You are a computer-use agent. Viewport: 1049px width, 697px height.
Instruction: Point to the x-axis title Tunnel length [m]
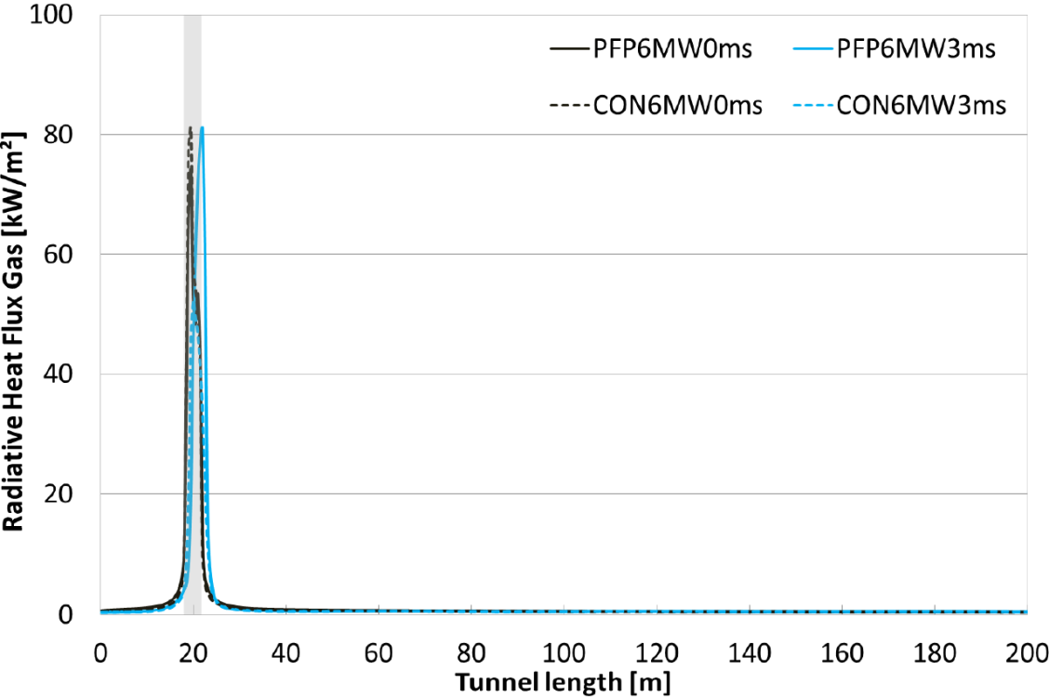pos(564,681)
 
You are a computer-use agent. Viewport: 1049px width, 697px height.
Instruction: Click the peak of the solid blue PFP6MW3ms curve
pos(202,128)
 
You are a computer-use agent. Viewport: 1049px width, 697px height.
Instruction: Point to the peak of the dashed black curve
pos(190,128)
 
